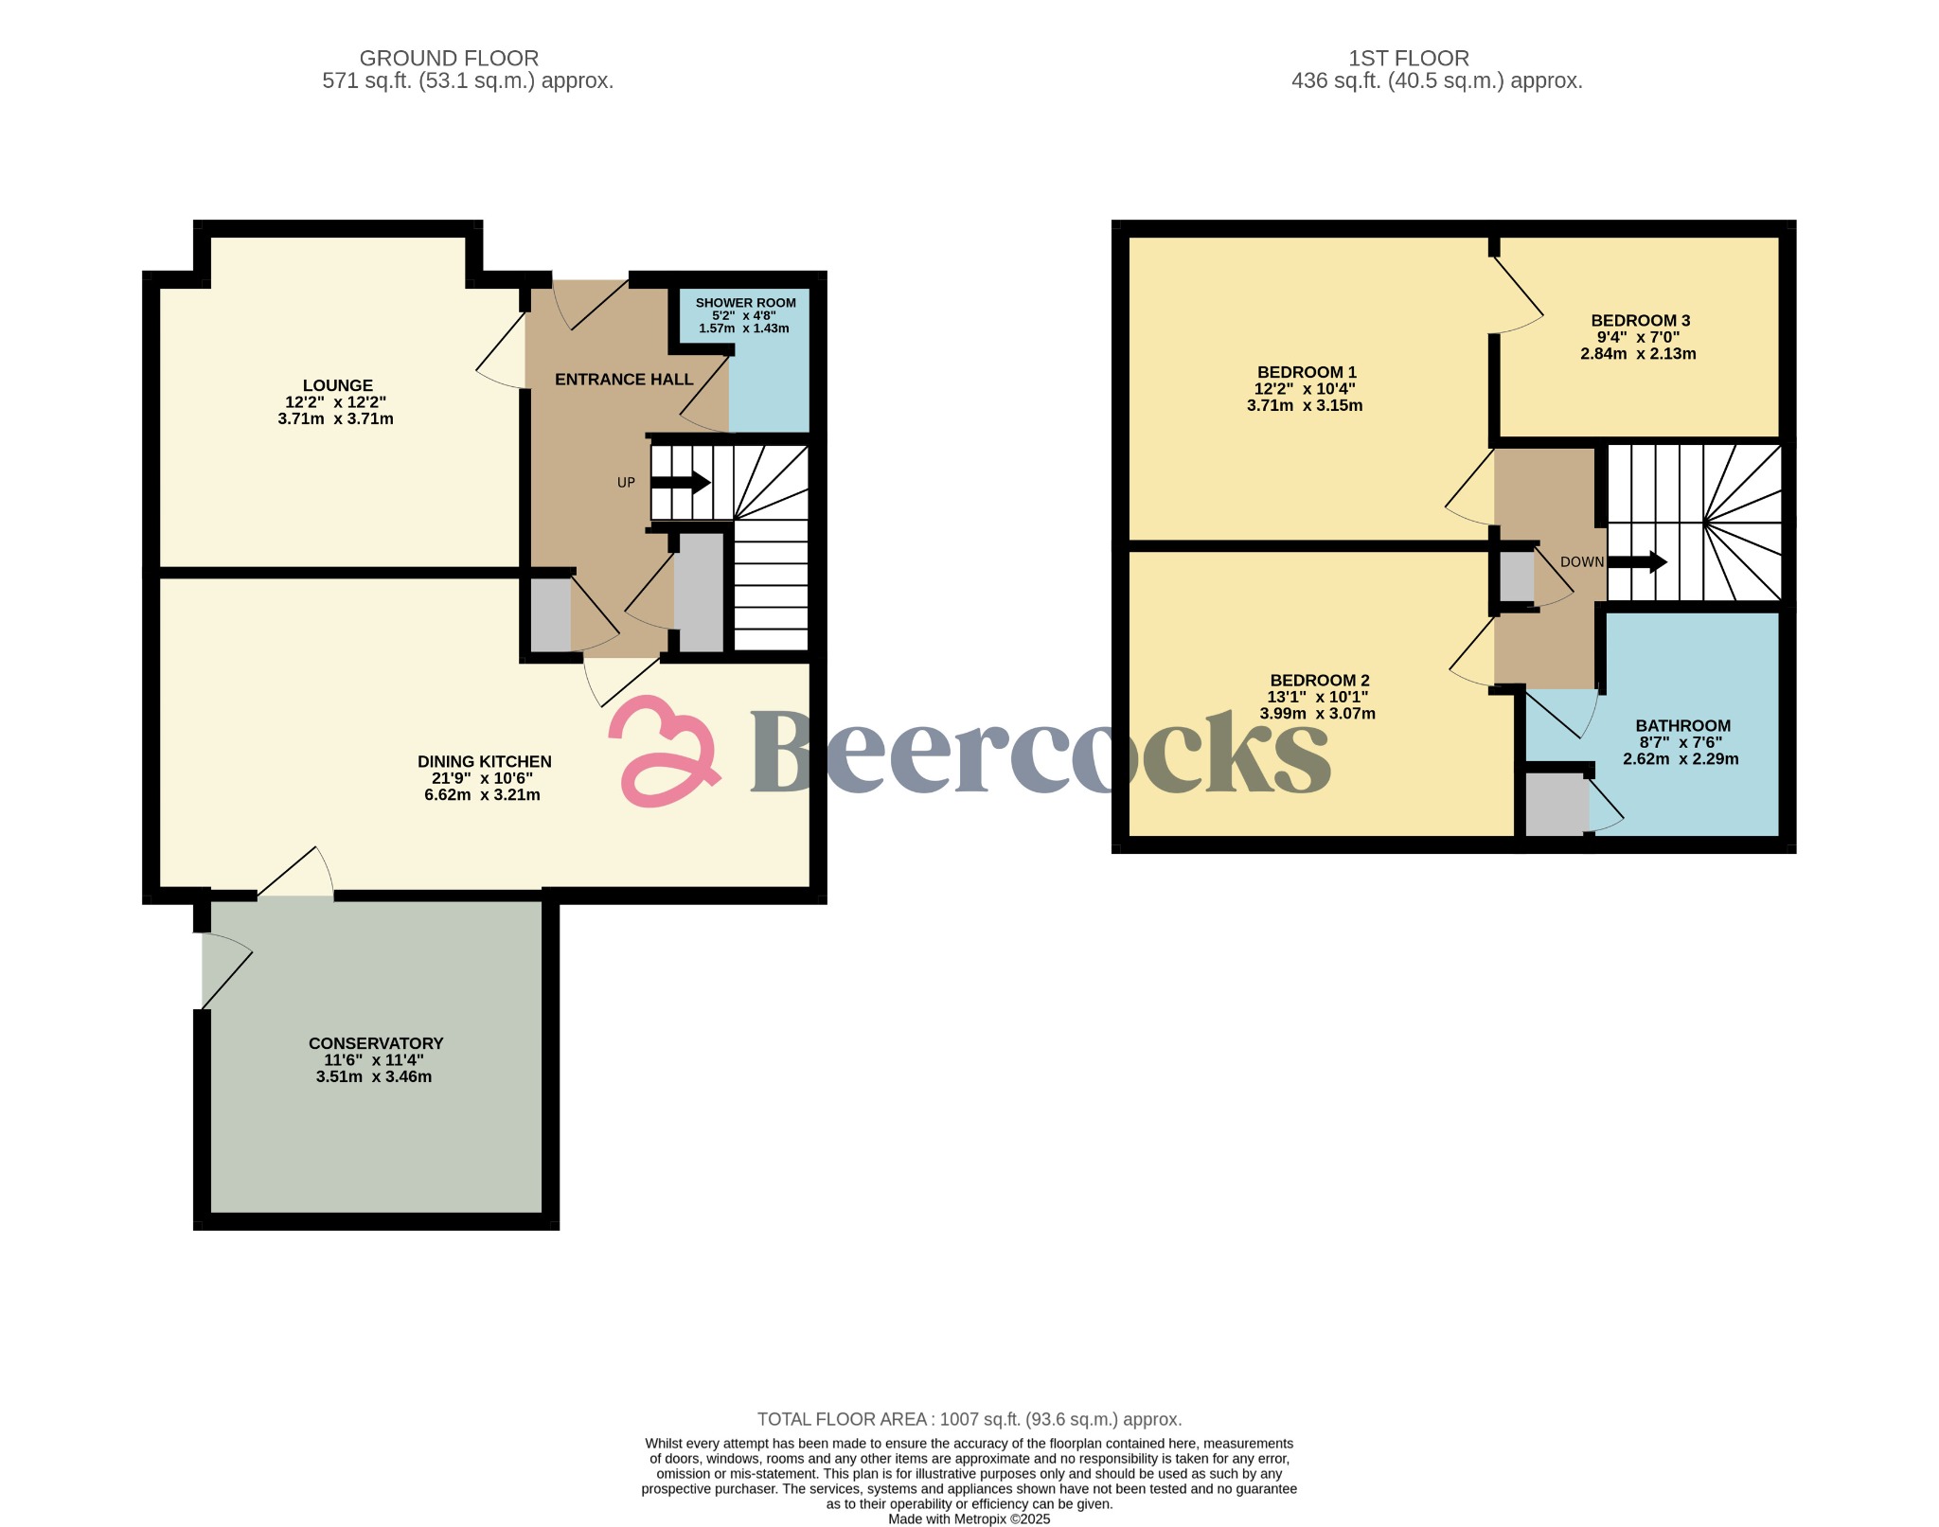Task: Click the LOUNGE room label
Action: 337,385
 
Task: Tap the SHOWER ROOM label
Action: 745,303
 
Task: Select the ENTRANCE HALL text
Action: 624,380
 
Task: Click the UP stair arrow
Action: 681,482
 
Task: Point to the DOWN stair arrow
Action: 1638,562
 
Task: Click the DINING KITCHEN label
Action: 484,761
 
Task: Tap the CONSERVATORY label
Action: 376,1043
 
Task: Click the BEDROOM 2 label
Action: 1319,680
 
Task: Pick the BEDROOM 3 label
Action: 1640,321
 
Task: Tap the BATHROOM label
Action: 1682,726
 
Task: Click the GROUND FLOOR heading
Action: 449,59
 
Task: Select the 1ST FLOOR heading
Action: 1409,59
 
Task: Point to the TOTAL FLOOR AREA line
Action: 969,1419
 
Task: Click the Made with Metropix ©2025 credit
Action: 969,1518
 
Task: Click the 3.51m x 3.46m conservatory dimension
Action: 374,1076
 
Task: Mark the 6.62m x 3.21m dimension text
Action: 482,794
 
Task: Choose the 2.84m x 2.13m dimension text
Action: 1638,354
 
